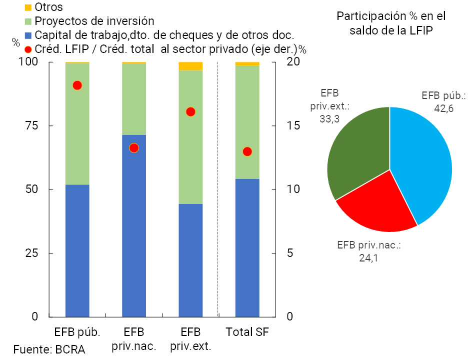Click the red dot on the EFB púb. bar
pyautogui.click(x=77, y=85)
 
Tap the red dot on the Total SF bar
pyautogui.click(x=247, y=151)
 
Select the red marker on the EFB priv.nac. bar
pyautogui.click(x=133, y=148)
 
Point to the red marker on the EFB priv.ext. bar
pyautogui.click(x=190, y=112)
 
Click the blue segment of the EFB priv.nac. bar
pyautogui.click(x=134, y=225)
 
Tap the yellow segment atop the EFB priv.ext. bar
pyautogui.click(x=190, y=66)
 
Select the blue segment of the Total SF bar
pyautogui.click(x=247, y=247)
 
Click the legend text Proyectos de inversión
pyautogui.click(x=94, y=21)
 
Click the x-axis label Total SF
pyautogui.click(x=247, y=332)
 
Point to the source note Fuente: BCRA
pyautogui.click(x=49, y=349)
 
